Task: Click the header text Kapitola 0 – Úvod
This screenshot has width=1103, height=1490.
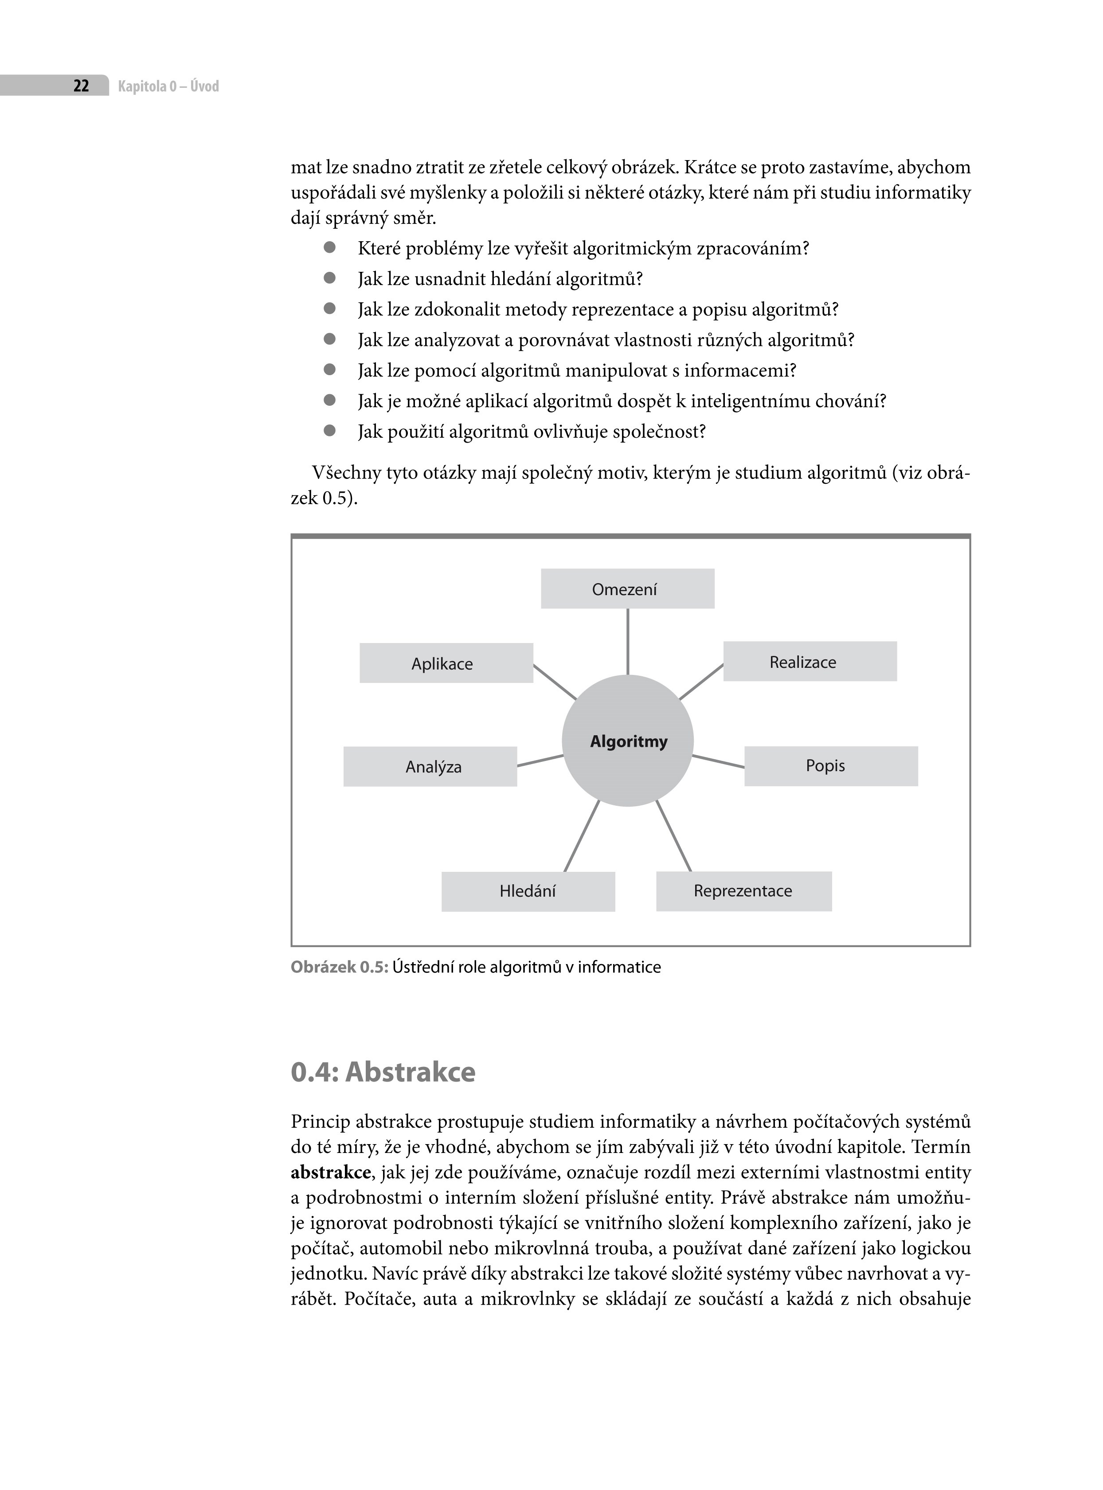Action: click(x=168, y=86)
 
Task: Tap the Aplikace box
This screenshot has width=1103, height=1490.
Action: click(x=446, y=663)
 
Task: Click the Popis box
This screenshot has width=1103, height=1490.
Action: click(x=831, y=766)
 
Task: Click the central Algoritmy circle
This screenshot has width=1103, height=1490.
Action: click(x=628, y=741)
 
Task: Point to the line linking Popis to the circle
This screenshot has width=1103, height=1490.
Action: click(x=719, y=761)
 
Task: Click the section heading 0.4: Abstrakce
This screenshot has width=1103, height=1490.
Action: click(x=383, y=1072)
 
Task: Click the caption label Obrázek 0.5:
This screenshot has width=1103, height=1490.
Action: click(x=339, y=968)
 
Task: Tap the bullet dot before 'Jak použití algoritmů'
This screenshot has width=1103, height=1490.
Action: click(x=329, y=431)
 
